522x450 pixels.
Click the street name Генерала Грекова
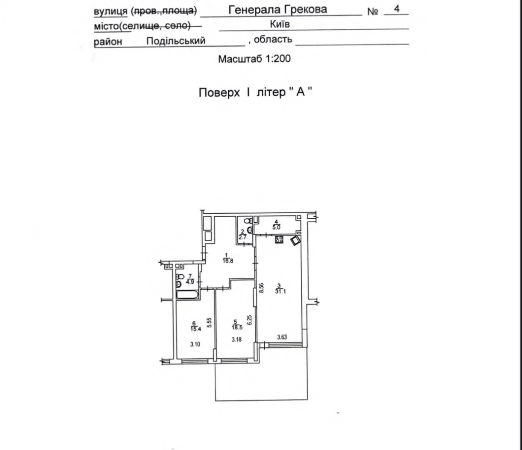coord(278,10)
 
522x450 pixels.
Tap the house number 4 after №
coord(396,9)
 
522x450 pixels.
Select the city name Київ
coord(280,24)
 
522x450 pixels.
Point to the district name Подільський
coord(176,41)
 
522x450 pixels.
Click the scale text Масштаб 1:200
coord(254,59)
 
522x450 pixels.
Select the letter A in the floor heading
coord(300,92)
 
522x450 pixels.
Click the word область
coord(273,40)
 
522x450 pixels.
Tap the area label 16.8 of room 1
coord(228,261)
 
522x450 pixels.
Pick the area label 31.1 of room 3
coord(280,291)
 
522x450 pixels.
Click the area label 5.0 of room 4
coord(276,228)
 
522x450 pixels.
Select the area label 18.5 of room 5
coord(237,327)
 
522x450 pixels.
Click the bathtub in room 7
coord(187,294)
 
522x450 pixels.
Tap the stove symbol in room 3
coord(279,240)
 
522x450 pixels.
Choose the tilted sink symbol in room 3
coord(296,240)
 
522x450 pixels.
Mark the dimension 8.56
coord(261,288)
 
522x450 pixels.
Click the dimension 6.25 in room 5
coord(249,320)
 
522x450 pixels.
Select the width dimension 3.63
coord(282,337)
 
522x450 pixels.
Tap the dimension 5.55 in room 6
coord(209,323)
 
